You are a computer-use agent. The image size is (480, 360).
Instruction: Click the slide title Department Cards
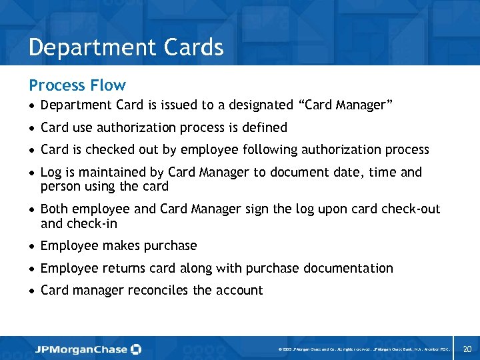(126, 47)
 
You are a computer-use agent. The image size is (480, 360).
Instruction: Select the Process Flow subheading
(77, 85)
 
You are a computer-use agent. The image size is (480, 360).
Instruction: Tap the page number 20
(467, 349)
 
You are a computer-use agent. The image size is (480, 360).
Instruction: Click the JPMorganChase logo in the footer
(88, 349)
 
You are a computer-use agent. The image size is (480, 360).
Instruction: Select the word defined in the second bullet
(265, 127)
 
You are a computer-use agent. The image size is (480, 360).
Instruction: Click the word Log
(51, 173)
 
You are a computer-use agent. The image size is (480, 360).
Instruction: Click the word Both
(55, 209)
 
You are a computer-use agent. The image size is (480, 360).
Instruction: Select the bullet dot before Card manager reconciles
(32, 291)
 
